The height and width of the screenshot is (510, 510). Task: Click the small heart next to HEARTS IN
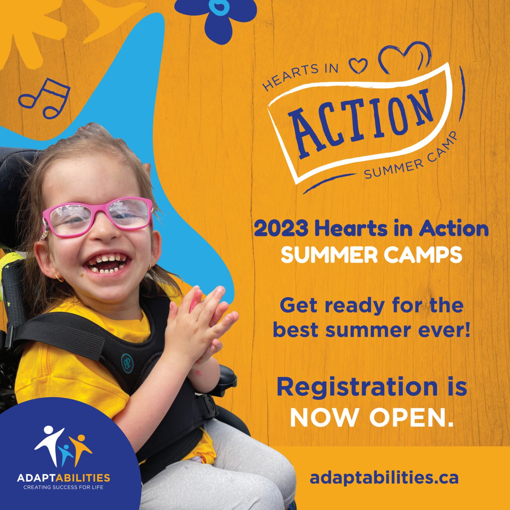tap(359, 65)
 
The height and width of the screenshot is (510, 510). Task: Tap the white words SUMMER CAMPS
tap(372, 255)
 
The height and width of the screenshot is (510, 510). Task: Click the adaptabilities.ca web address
tap(384, 478)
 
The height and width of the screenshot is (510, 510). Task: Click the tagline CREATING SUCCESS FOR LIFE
tap(63, 487)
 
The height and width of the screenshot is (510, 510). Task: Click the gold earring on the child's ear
tap(59, 278)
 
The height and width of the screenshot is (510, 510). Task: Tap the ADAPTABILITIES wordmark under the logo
tap(63, 478)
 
